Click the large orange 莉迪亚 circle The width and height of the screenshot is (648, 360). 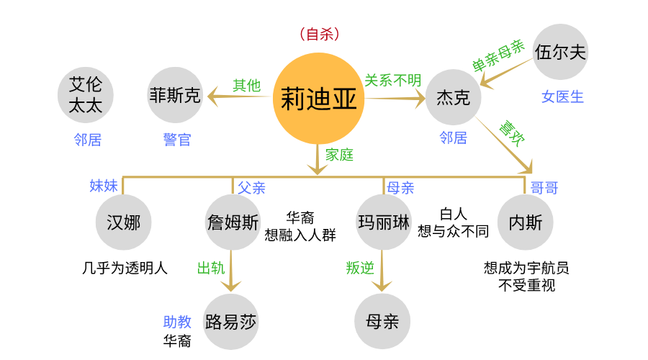(x=318, y=98)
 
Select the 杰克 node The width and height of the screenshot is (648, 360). (x=453, y=96)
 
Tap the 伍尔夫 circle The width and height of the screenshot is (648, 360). (x=561, y=52)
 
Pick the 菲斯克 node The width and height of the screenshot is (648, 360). (x=175, y=95)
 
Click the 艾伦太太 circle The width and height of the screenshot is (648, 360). (x=86, y=95)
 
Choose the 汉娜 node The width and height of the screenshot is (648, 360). (x=123, y=222)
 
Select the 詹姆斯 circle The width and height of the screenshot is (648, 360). (x=232, y=222)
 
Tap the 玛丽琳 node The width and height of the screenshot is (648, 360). (x=383, y=222)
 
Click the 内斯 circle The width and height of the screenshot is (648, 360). (x=526, y=222)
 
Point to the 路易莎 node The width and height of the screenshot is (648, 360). (x=230, y=321)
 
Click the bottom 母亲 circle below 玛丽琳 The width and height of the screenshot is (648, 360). (x=382, y=321)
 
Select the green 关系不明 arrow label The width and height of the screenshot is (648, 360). (x=392, y=81)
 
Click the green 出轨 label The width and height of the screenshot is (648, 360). (x=211, y=268)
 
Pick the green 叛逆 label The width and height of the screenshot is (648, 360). (x=360, y=268)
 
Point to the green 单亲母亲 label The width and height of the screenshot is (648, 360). (x=498, y=55)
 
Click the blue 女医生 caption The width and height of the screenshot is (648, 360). (x=562, y=96)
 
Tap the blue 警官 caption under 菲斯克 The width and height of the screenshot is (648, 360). (x=177, y=140)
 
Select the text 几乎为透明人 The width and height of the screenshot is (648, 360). (x=125, y=269)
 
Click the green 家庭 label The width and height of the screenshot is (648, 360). (x=339, y=154)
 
